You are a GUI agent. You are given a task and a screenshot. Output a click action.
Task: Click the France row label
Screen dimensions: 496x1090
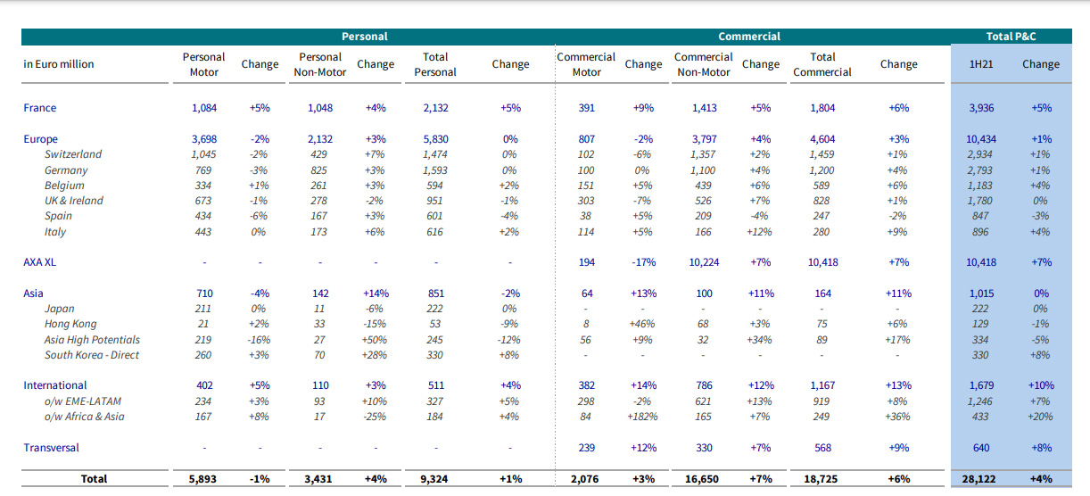(40, 108)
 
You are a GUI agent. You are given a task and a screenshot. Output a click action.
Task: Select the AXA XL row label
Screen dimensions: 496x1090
(40, 262)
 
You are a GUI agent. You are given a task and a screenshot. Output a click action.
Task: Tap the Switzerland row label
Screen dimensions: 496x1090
(73, 154)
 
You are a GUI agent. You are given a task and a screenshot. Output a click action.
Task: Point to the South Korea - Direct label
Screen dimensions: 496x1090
(92, 355)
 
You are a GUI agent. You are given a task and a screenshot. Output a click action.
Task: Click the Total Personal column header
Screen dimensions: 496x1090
(435, 64)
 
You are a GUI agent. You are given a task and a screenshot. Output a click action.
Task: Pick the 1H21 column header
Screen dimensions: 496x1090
(983, 64)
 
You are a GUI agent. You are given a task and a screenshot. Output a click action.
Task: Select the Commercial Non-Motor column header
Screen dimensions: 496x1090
(704, 64)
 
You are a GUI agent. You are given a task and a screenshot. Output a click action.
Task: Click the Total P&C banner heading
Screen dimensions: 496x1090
(1012, 37)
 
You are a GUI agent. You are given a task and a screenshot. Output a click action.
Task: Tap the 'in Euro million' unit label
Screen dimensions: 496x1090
(59, 64)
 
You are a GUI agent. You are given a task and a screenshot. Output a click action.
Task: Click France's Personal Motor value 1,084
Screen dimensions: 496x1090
(204, 108)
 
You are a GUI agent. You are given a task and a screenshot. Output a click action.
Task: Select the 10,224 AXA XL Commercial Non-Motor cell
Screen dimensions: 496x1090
(704, 262)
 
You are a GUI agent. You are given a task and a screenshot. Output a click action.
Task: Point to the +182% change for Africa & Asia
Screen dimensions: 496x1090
(643, 417)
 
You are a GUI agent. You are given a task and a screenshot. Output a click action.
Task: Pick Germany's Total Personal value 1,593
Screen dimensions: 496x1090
(435, 170)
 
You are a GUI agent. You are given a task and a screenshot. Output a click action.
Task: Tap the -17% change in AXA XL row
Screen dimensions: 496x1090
(643, 262)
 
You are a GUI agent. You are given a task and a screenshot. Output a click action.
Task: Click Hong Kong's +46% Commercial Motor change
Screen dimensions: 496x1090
(643, 324)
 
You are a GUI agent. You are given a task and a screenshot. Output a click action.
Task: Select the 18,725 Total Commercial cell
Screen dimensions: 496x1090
(822, 479)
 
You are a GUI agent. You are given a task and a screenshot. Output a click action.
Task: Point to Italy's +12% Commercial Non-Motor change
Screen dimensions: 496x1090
(760, 232)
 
